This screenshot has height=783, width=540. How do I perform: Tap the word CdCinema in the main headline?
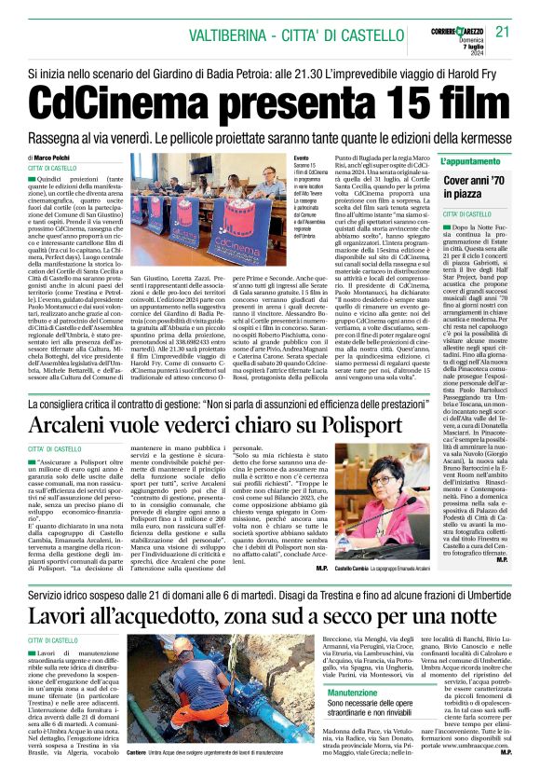[x=120, y=101]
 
